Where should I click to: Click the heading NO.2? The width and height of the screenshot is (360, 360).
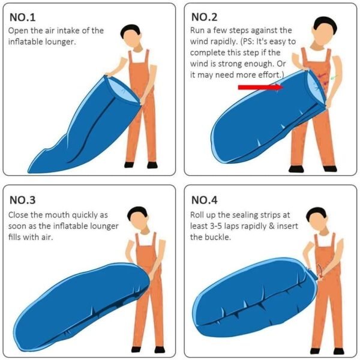click(x=206, y=17)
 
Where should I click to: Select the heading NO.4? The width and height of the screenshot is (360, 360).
click(x=206, y=200)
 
